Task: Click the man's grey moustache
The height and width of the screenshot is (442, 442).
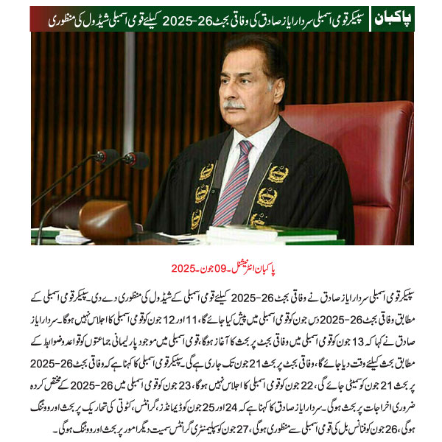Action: click(x=235, y=105)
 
